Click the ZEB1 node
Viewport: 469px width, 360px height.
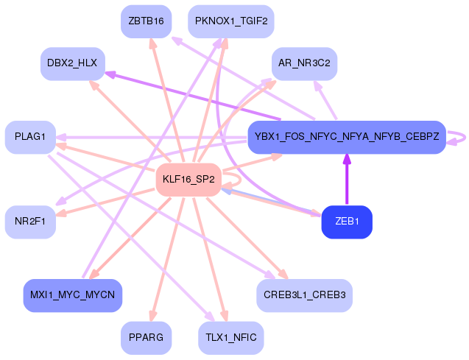pos(347,222)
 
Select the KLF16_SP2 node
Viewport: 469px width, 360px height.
pos(188,180)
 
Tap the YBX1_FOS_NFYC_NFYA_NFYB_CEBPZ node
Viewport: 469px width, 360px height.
pos(347,137)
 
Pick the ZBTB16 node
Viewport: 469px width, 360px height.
pos(146,21)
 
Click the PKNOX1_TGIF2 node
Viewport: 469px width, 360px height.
pos(231,21)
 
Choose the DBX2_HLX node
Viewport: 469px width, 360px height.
pos(73,64)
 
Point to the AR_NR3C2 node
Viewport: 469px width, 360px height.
pos(304,64)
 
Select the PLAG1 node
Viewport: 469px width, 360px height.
pos(30,137)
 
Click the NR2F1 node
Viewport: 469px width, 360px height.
pos(30,222)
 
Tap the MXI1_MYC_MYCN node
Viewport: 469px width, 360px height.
pos(73,295)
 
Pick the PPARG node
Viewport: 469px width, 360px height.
pos(146,338)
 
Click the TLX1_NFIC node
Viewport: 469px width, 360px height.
pos(231,338)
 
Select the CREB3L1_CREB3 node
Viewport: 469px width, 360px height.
pos(304,295)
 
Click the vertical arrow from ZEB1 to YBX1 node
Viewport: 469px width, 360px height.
pos(347,180)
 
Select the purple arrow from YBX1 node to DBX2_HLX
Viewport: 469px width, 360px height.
pos(193,96)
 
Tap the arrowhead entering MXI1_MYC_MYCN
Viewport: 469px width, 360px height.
pos(94,274)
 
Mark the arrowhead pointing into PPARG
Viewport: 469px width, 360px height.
pos(152,316)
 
